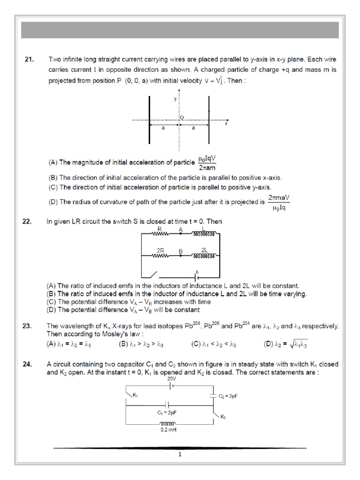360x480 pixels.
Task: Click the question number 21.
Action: pyautogui.click(x=29, y=60)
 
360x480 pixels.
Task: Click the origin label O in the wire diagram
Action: pyautogui.click(x=182, y=117)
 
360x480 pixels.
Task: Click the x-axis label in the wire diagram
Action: pyautogui.click(x=226, y=124)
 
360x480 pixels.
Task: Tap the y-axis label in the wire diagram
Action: pyautogui.click(x=175, y=99)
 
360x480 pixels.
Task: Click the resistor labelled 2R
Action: pyautogui.click(x=160, y=256)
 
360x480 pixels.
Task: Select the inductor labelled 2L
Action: pyautogui.click(x=204, y=256)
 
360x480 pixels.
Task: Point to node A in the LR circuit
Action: pyautogui.click(x=180, y=233)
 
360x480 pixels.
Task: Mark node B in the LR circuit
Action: pyautogui.click(x=180, y=256)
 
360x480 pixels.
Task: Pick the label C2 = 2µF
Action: pyautogui.click(x=228, y=396)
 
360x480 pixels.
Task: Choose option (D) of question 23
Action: pyautogui.click(x=285, y=345)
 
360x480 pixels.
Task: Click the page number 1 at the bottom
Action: pyautogui.click(x=180, y=454)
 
